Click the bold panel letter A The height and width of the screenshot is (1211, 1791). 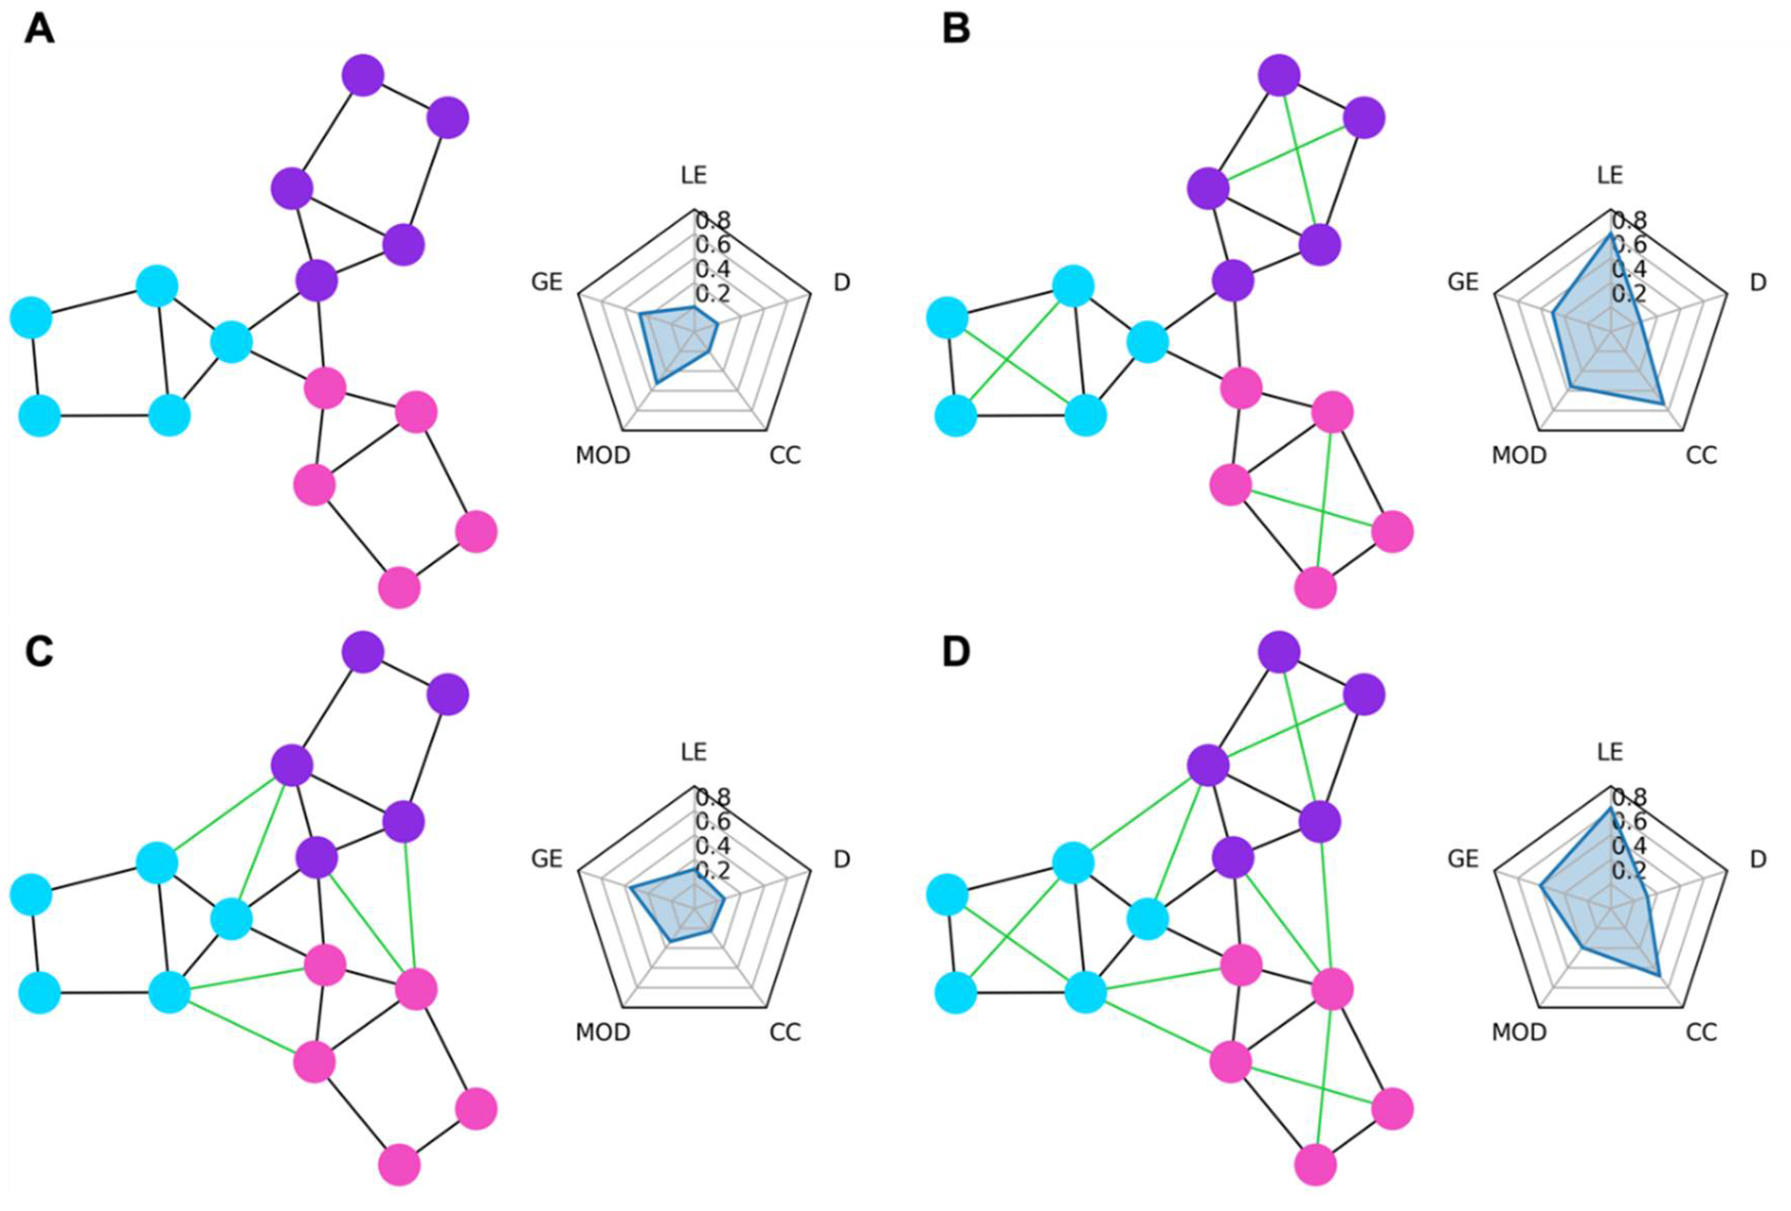click(39, 31)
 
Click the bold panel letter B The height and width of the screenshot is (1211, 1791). click(956, 31)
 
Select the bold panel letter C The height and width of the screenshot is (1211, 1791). click(39, 652)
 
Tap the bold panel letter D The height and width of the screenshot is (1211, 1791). click(956, 652)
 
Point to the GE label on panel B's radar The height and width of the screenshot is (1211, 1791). click(1463, 282)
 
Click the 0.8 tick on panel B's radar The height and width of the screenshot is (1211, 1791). click(1629, 222)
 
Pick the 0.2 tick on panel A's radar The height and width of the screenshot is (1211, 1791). click(713, 294)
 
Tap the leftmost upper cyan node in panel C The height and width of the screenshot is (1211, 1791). click(31, 895)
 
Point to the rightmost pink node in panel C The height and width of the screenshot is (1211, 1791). click(476, 1108)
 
